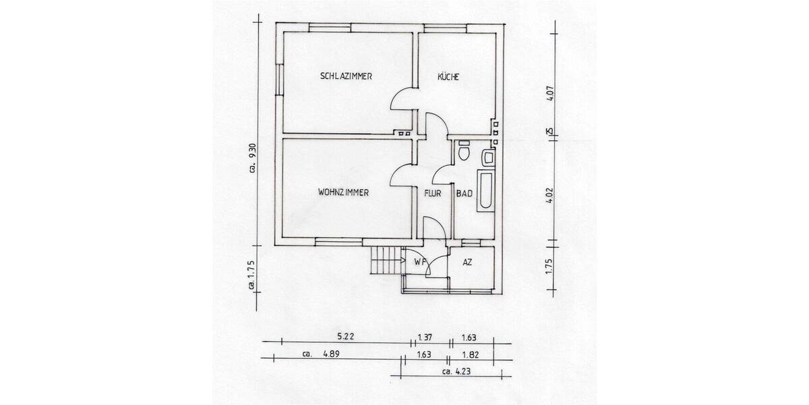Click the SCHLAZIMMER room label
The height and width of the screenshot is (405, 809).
347,76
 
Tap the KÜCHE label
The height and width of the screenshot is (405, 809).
448,77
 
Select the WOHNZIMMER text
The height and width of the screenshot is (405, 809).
342,192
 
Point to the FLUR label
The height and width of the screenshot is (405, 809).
432,193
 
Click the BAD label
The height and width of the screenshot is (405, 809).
464,193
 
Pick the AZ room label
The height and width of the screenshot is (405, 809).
467,263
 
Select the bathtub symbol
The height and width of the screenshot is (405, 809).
485,192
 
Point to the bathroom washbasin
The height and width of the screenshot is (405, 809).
488,159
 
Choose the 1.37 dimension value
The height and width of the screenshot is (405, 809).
425,335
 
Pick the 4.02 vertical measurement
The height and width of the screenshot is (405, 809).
549,201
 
